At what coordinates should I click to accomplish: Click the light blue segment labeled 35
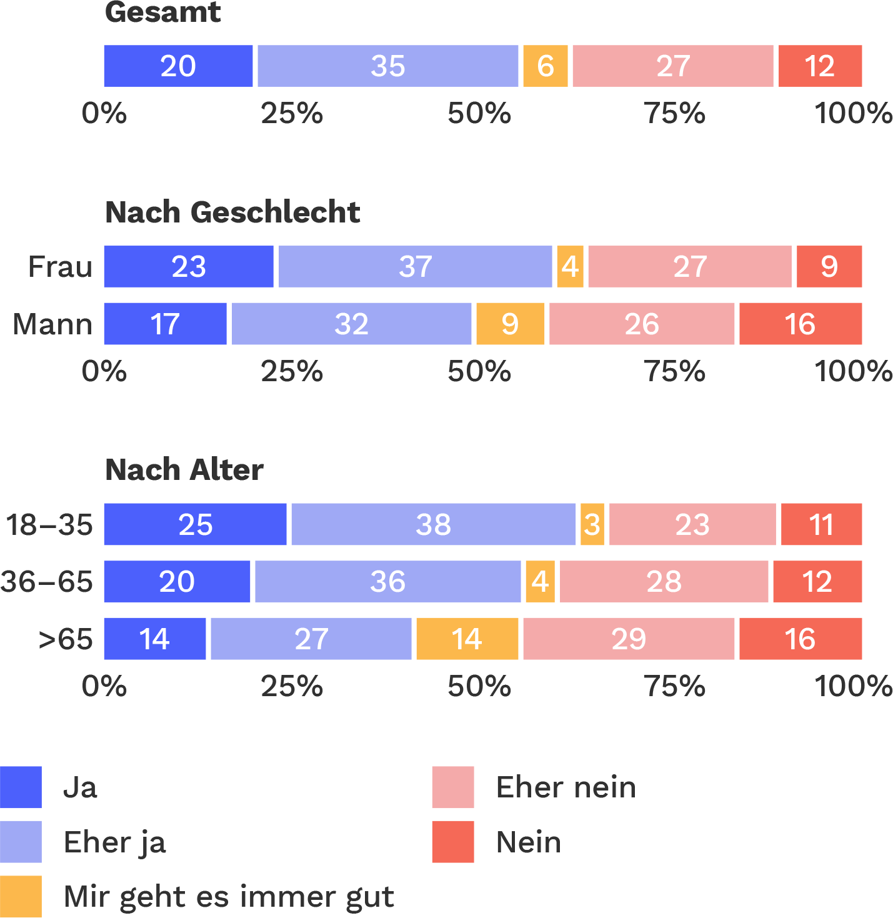[x=387, y=66]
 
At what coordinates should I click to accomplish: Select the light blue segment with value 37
[x=415, y=267]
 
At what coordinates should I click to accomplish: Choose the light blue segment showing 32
[x=351, y=324]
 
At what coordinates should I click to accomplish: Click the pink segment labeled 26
[x=642, y=324]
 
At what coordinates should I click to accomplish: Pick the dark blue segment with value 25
[x=195, y=524]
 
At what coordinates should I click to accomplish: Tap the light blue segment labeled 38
[x=433, y=524]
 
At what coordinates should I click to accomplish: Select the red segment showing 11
[x=821, y=524]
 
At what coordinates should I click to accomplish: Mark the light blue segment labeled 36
[x=387, y=582]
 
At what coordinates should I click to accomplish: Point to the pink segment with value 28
[x=664, y=582]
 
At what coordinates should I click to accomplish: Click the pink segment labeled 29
[x=629, y=639]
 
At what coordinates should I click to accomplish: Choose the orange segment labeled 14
[x=467, y=639]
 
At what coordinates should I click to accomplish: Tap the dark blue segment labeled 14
[x=154, y=639]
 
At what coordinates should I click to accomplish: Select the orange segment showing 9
[x=510, y=324]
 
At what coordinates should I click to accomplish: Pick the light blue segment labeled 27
[x=311, y=639]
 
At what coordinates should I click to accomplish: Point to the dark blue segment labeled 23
[x=188, y=267]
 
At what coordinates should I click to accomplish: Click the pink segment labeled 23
[x=692, y=524]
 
